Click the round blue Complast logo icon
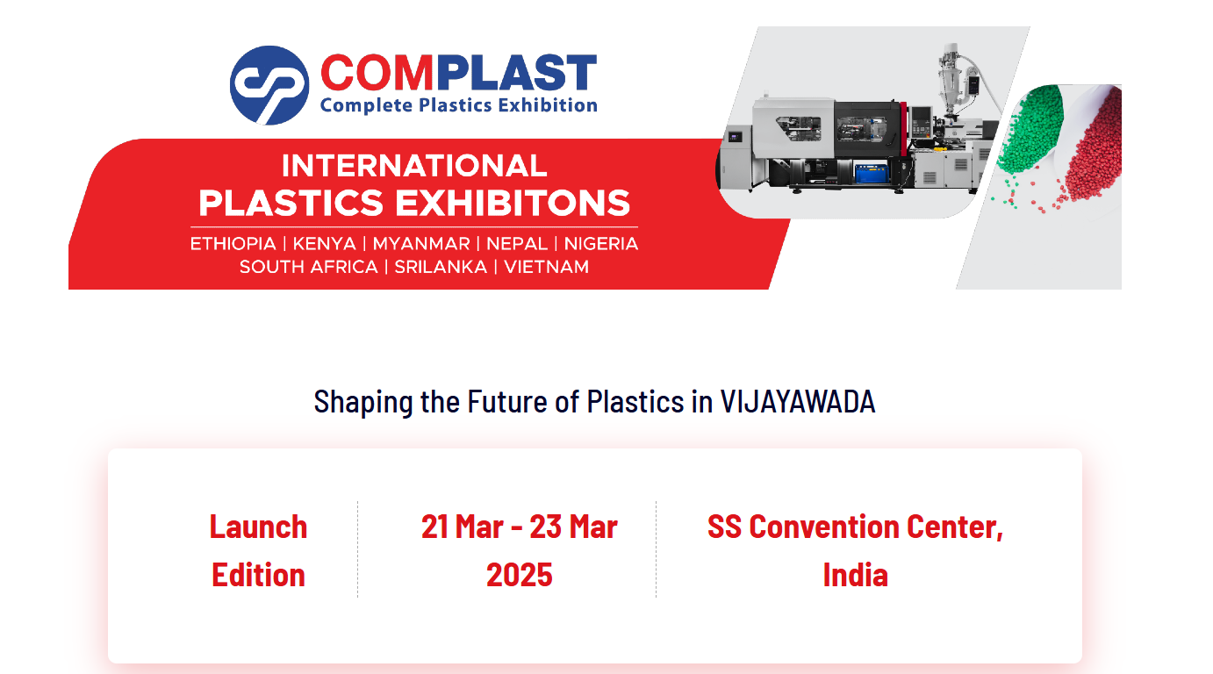269,85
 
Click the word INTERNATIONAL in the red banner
414,166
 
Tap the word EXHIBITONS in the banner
513,203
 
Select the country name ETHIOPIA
233,244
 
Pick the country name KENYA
324,244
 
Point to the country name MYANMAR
420,244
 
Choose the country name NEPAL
517,244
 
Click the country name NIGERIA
601,244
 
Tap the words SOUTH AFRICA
308,267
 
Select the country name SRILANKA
441,267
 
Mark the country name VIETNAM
546,267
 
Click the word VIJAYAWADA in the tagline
797,402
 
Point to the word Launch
258,527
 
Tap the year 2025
519,575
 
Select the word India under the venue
855,575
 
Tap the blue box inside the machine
872,173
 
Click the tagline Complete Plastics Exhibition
459,105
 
